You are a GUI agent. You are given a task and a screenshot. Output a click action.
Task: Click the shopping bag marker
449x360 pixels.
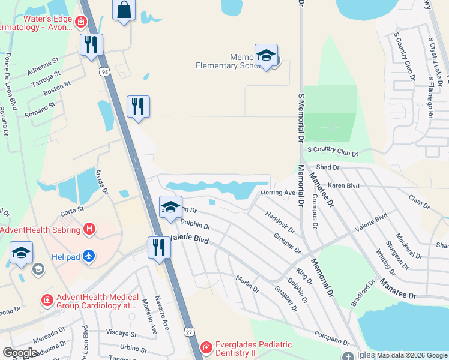(124, 10)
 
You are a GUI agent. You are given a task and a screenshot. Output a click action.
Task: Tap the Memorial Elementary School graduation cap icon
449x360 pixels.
(265, 56)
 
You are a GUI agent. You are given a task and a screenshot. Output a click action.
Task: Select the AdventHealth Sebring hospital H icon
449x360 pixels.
(89, 229)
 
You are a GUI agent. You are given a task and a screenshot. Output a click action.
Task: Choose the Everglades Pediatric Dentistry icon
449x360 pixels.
(206, 347)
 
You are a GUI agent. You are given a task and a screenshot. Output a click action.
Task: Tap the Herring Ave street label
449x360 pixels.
(277, 193)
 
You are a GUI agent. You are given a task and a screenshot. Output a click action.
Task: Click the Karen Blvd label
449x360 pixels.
(343, 186)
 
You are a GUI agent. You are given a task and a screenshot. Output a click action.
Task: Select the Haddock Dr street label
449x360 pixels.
(280, 221)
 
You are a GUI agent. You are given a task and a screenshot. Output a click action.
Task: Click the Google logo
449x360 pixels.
(20, 353)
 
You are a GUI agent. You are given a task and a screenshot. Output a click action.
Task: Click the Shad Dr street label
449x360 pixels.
(327, 167)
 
